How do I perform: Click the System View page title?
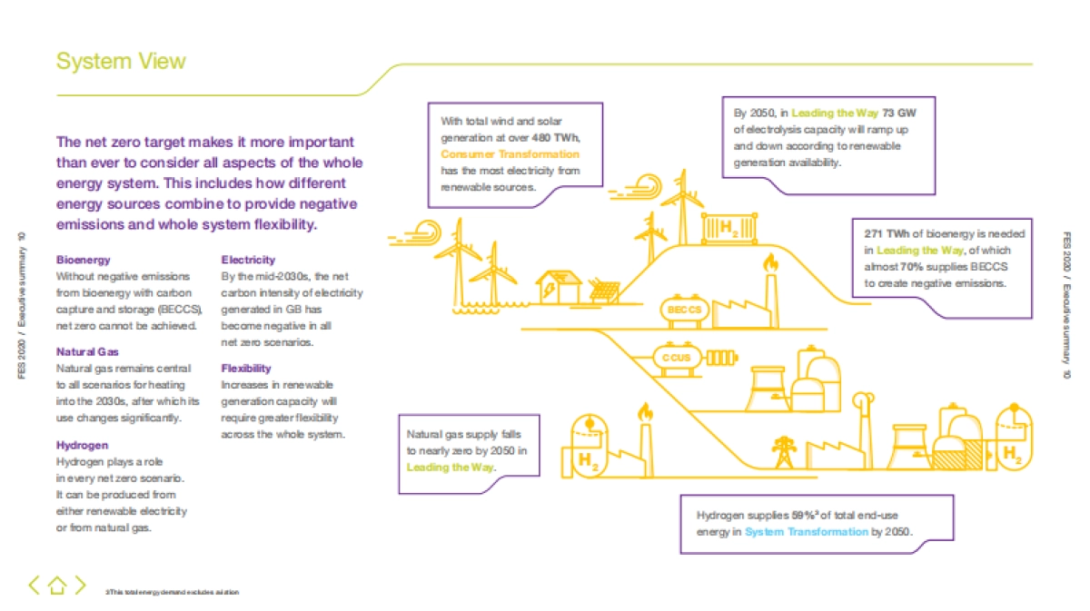point(121,61)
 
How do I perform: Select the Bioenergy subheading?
point(83,260)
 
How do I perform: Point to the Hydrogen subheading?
point(82,446)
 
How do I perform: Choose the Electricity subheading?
point(248,260)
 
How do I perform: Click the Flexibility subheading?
point(246,368)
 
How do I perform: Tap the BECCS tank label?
point(685,310)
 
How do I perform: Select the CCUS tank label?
point(676,358)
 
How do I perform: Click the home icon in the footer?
point(57,586)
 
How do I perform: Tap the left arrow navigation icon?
point(35,586)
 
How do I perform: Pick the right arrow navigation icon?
point(80,586)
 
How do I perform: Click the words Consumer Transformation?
point(510,154)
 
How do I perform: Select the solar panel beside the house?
point(606,291)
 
